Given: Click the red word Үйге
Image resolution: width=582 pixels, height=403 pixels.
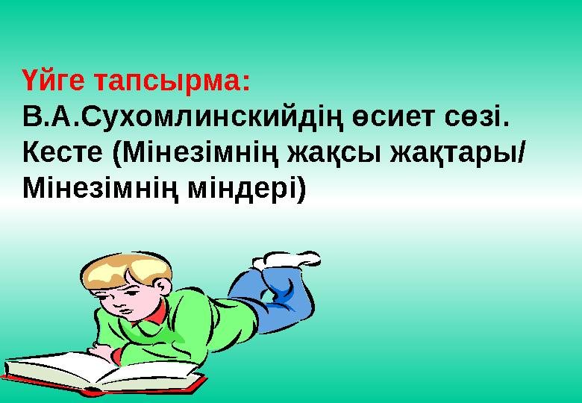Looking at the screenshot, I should tap(57, 81).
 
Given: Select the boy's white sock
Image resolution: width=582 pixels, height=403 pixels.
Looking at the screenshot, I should tap(287, 259).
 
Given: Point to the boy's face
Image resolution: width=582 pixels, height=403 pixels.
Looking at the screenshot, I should tap(119, 302).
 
